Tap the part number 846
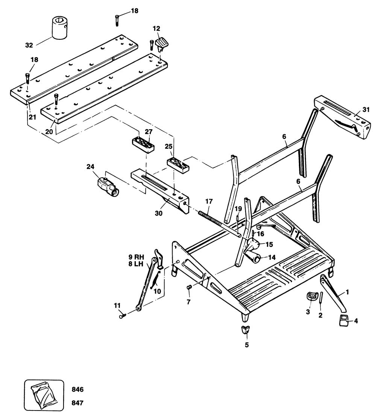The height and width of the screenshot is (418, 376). (77, 389)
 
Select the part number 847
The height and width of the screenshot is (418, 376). (77, 403)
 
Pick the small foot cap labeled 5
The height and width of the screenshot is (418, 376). (246, 330)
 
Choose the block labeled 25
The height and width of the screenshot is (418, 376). (177, 164)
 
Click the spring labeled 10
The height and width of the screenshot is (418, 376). (155, 279)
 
